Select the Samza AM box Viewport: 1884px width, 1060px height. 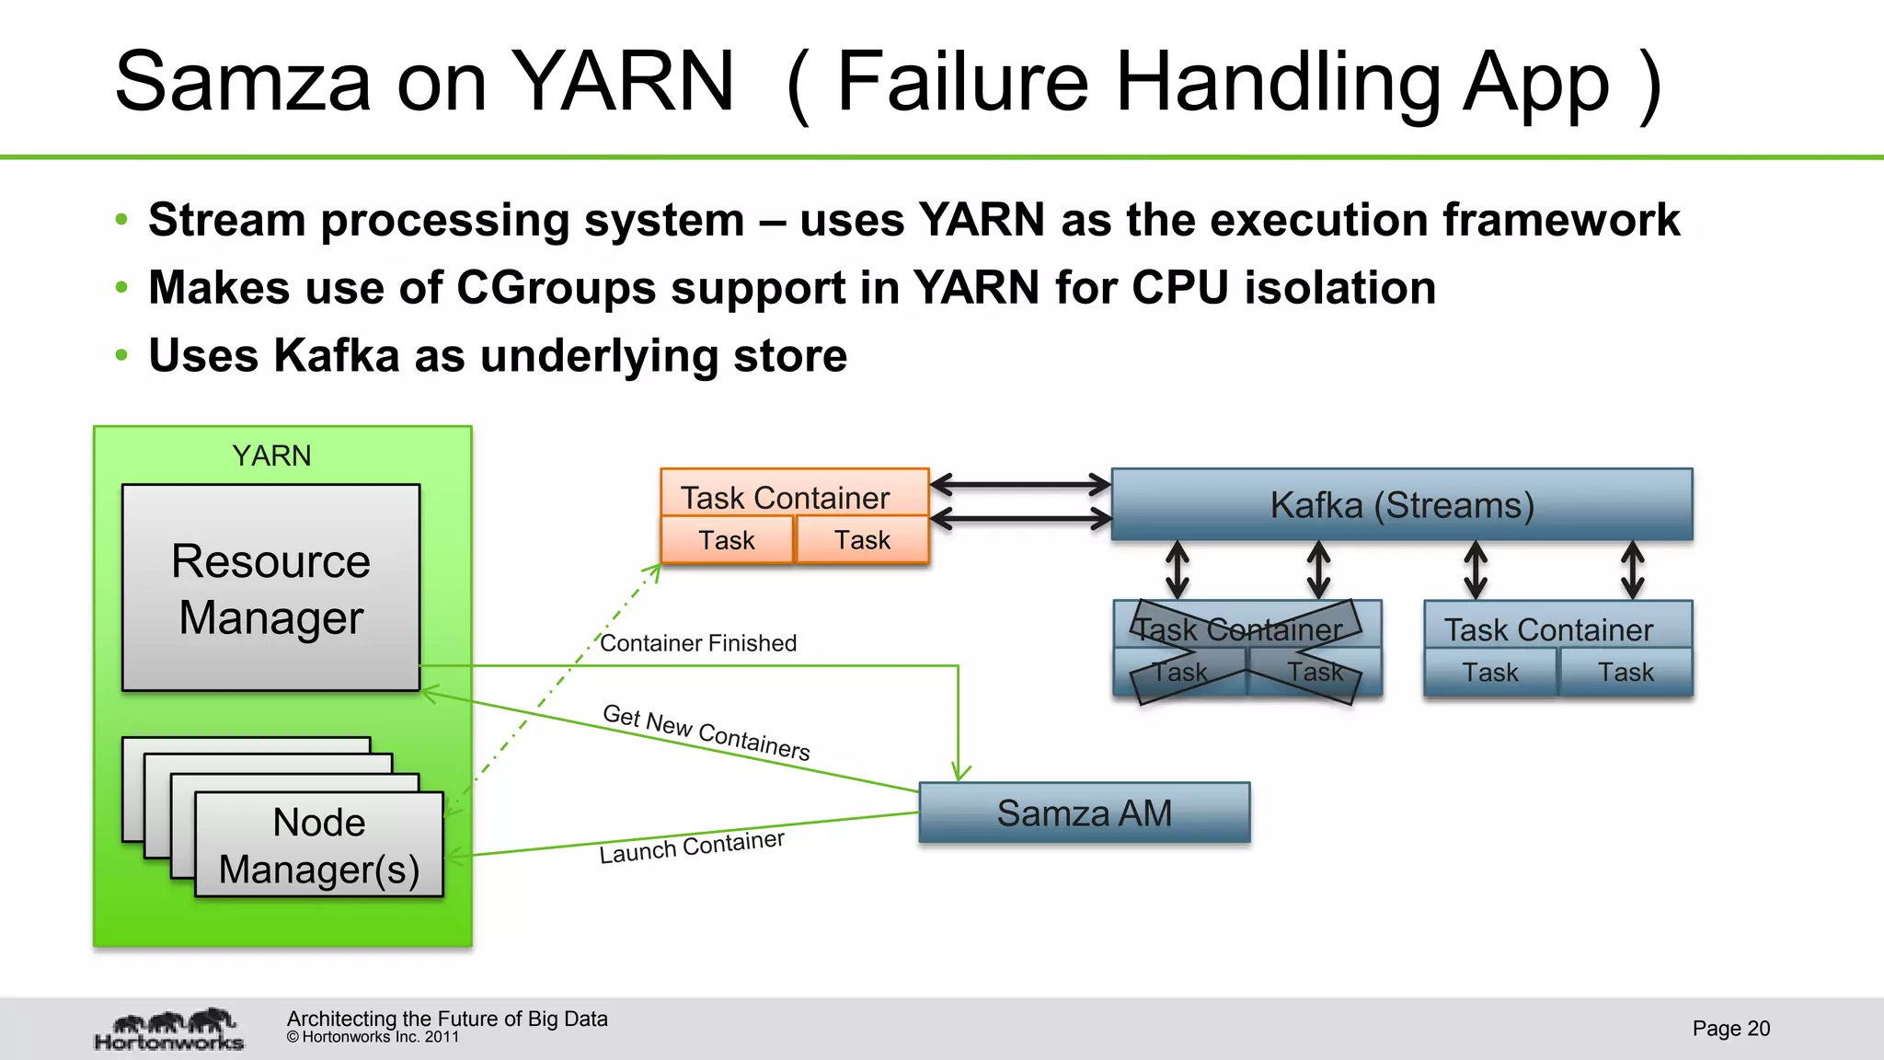[1084, 813]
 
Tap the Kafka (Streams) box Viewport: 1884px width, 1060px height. [1401, 505]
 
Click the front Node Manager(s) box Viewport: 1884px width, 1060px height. [318, 845]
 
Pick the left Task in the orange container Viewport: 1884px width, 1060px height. [726, 540]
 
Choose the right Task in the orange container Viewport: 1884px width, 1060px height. [862, 540]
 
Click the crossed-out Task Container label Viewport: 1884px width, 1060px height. [1238, 629]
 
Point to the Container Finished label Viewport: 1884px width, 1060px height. [698, 643]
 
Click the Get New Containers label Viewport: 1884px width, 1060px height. [706, 732]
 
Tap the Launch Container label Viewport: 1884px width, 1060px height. [691, 846]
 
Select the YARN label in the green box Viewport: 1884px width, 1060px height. [271, 455]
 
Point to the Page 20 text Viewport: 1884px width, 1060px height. [1730, 1029]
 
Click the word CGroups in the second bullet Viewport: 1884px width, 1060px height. [556, 287]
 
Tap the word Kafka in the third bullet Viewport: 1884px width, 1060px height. [337, 355]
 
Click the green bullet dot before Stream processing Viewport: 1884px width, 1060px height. [121, 220]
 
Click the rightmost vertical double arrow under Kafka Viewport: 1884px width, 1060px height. [1632, 570]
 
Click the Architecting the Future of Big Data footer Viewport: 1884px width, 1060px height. [447, 1019]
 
